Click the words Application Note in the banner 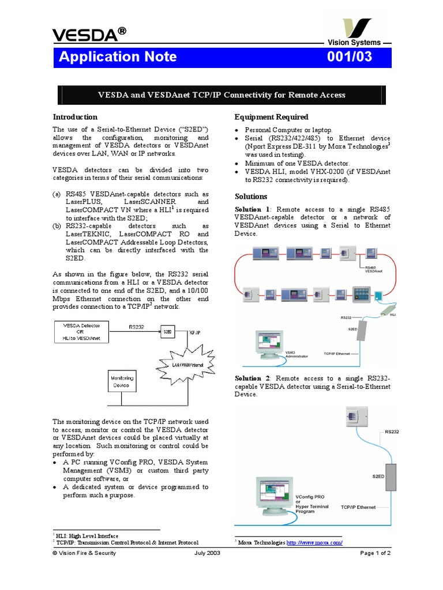click(x=118, y=57)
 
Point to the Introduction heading click(x=75, y=117)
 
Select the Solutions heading click(x=251, y=196)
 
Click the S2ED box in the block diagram click(x=167, y=332)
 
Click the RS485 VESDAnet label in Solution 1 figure click(x=374, y=270)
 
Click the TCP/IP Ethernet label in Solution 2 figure click(x=358, y=508)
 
